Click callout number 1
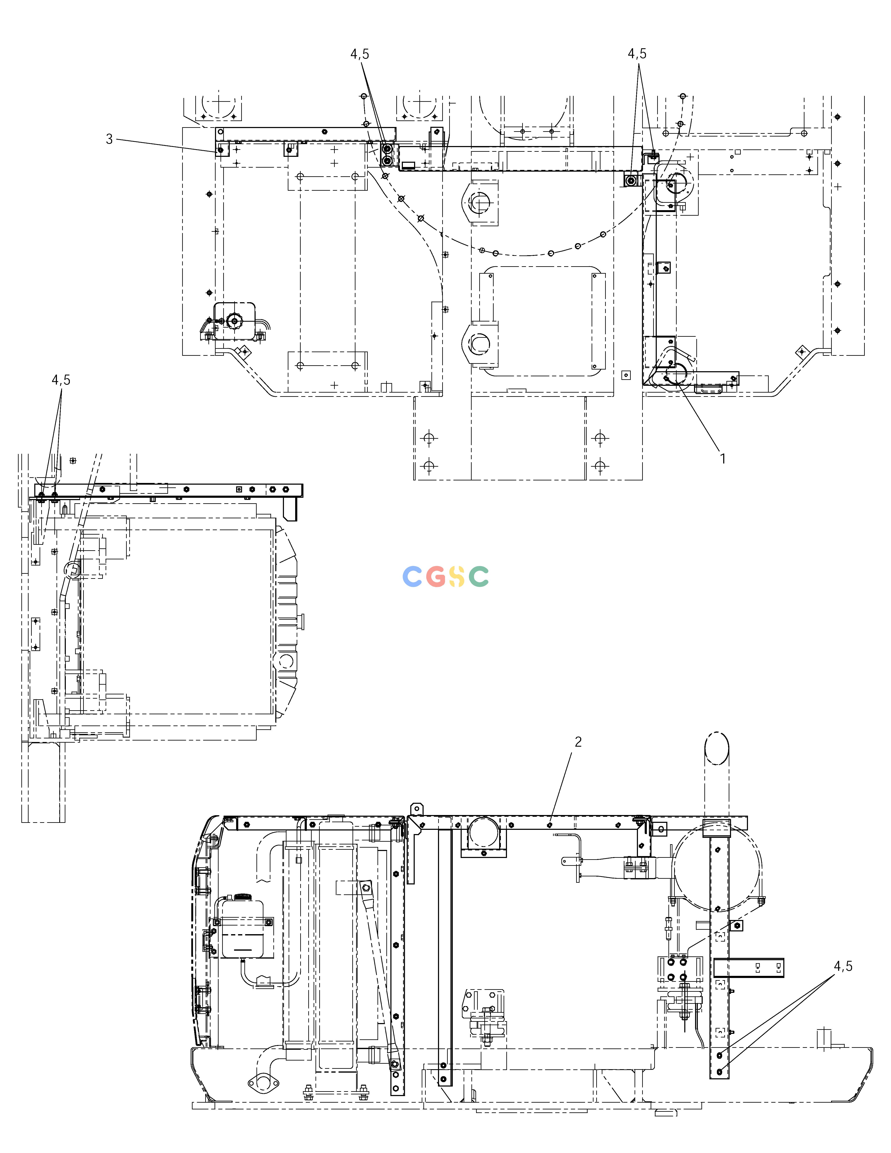pos(723,459)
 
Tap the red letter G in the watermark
pos(436,576)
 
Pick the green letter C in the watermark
pos(479,576)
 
